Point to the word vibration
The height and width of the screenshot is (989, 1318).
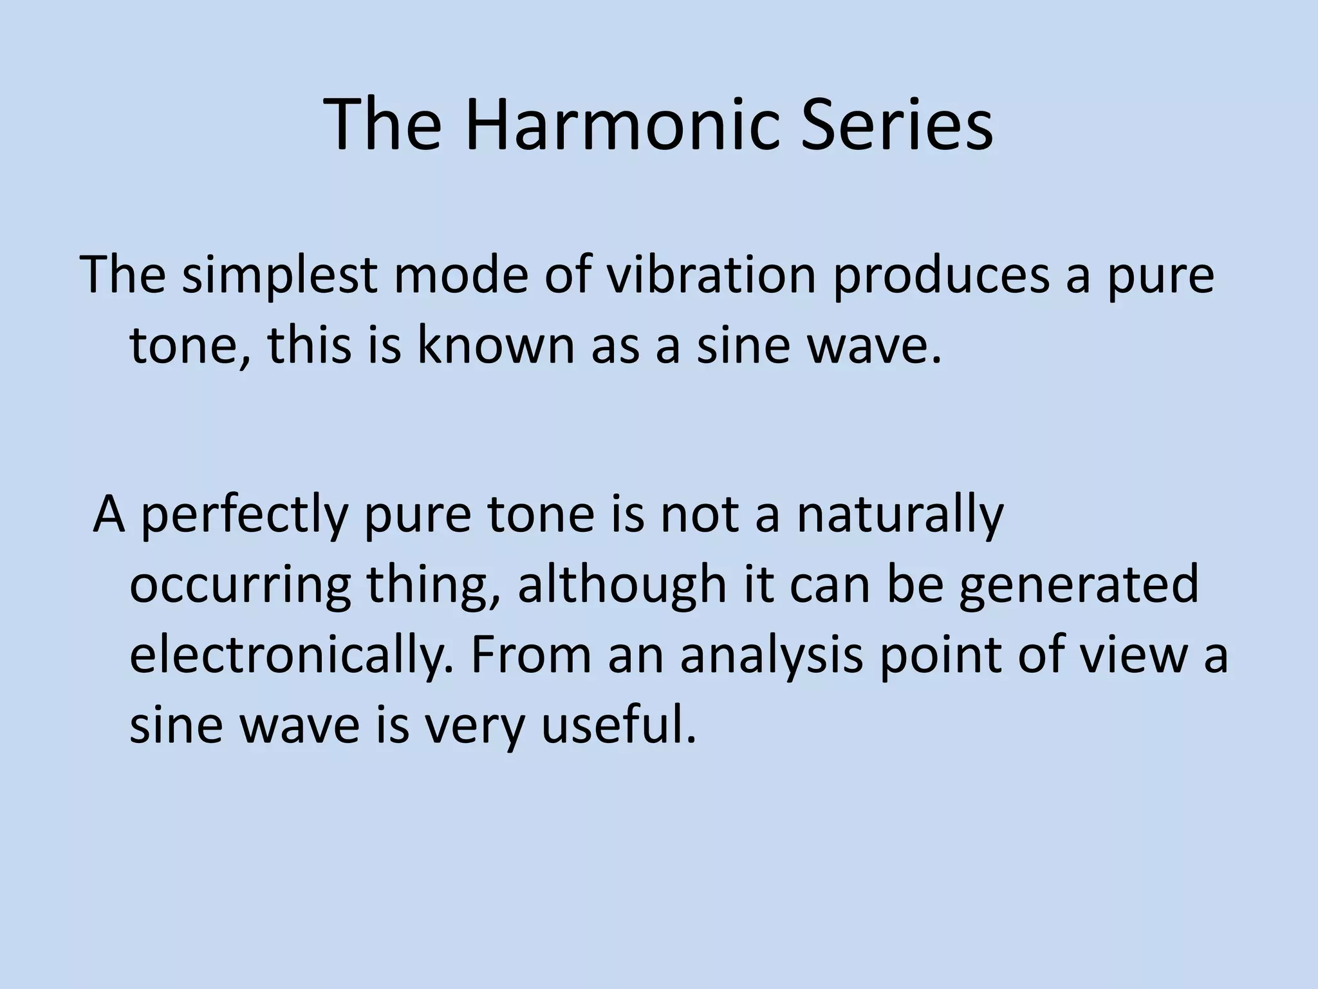click(x=710, y=274)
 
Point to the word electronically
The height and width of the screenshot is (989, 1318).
click(x=294, y=657)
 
